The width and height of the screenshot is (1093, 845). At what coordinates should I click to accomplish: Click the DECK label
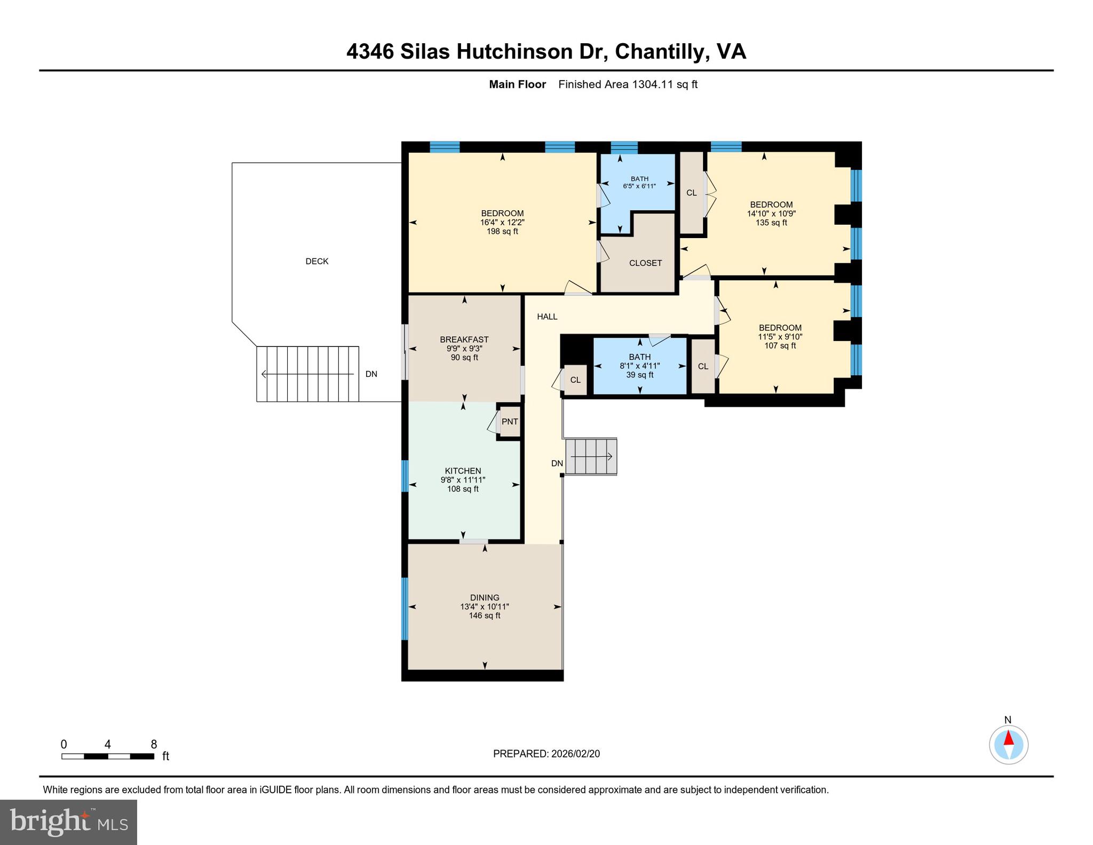pos(316,261)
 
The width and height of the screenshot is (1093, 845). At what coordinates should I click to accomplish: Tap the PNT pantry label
pos(510,421)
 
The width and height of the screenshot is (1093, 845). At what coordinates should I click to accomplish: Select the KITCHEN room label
pos(463,471)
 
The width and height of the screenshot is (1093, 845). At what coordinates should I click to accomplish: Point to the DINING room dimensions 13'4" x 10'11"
pos(485,606)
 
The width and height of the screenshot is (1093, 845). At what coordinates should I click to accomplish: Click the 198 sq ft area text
pos(502,231)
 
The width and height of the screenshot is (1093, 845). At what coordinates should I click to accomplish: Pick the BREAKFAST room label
pos(464,339)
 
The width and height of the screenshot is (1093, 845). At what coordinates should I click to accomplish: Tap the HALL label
pos(547,317)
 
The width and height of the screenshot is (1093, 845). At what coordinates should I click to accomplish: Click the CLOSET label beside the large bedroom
pos(645,263)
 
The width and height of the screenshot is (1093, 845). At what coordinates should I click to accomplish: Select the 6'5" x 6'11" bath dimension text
pos(639,186)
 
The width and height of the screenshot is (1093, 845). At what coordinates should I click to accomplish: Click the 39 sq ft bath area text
pos(639,375)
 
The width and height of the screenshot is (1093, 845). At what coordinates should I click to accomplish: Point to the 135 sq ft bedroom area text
pos(771,223)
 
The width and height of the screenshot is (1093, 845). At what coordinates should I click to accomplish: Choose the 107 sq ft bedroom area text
pos(780,345)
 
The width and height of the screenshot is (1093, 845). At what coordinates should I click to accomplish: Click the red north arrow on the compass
pos(1008,738)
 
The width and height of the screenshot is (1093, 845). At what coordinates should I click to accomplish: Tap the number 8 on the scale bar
pos(154,744)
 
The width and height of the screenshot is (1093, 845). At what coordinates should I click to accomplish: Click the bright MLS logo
pos(68,822)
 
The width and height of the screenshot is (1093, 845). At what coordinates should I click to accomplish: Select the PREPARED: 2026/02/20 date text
pos(546,754)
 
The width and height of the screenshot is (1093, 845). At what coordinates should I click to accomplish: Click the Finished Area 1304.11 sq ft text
pos(628,84)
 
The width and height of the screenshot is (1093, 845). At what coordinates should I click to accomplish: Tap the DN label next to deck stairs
pos(371,374)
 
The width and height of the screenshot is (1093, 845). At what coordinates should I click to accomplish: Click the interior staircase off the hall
pos(591,456)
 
